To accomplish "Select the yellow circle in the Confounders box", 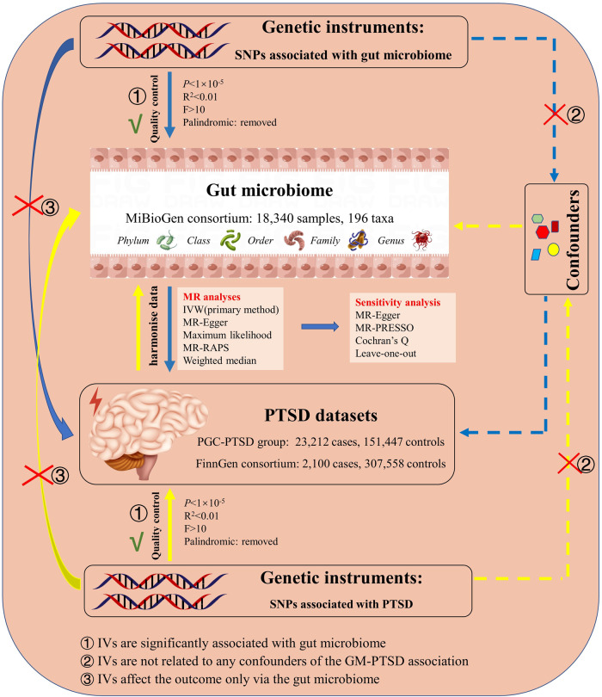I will [x=553, y=250].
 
